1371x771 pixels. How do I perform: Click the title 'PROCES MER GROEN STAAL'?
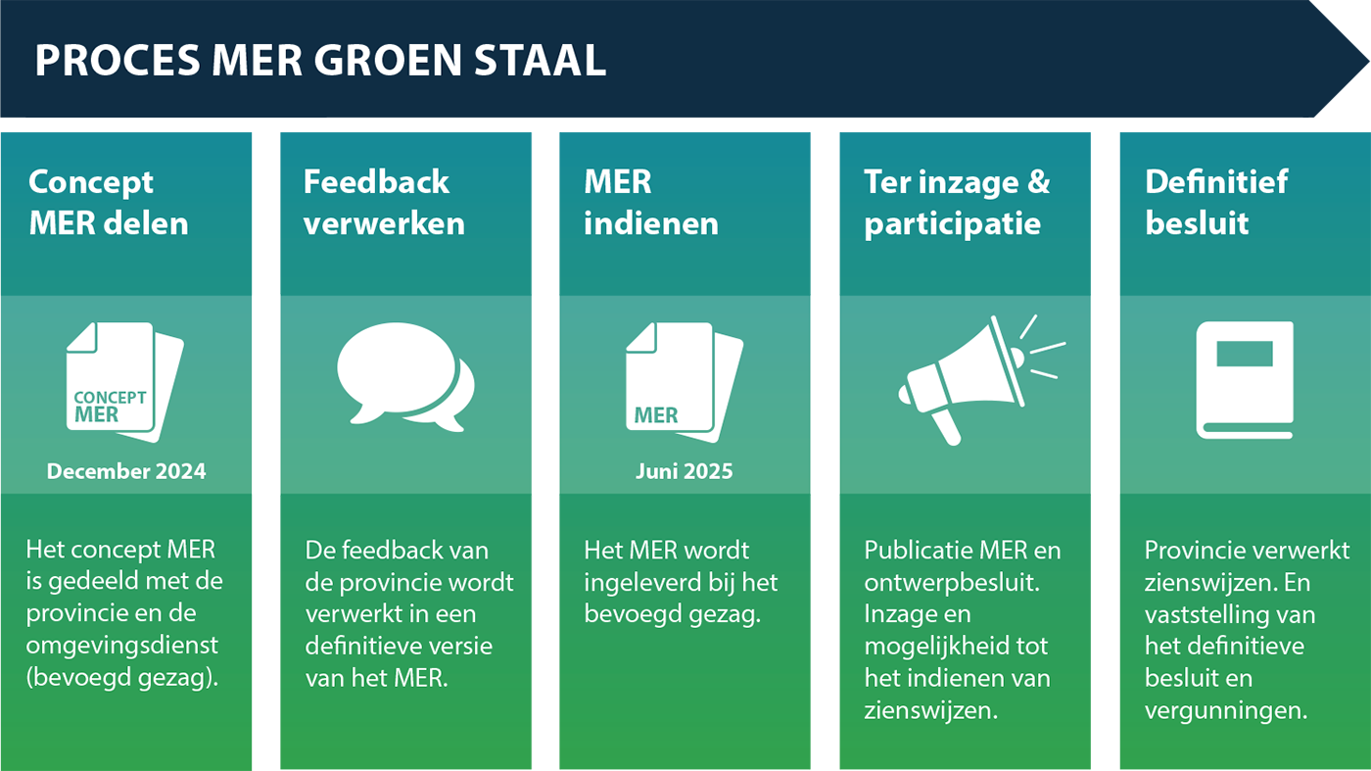coord(320,60)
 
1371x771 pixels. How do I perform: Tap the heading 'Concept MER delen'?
coord(109,203)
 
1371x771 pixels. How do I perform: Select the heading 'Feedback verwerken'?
coord(384,203)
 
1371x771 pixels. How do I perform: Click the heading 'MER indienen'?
coord(650,203)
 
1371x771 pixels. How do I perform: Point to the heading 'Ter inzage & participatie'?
coord(957,204)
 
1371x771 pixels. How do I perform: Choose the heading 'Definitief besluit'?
coord(1216,203)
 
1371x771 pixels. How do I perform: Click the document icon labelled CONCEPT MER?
coord(125,381)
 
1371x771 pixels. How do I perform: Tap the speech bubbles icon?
coord(405,376)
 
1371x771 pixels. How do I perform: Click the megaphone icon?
coord(981,380)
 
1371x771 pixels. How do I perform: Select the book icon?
coord(1245,380)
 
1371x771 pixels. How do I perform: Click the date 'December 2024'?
coord(126,471)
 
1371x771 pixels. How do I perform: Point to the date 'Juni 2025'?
coord(684,471)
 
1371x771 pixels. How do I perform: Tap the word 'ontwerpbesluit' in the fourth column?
coord(951,583)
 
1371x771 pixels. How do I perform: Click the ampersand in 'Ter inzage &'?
coord(1039,182)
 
